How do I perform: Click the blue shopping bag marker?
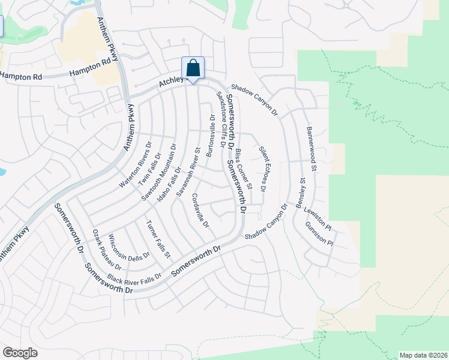(193, 68)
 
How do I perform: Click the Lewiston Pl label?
(318, 217)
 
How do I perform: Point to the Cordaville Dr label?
(200, 211)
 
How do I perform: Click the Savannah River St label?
(188, 172)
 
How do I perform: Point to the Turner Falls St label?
(158, 239)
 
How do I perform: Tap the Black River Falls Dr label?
(134, 278)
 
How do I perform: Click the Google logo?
(20, 353)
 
